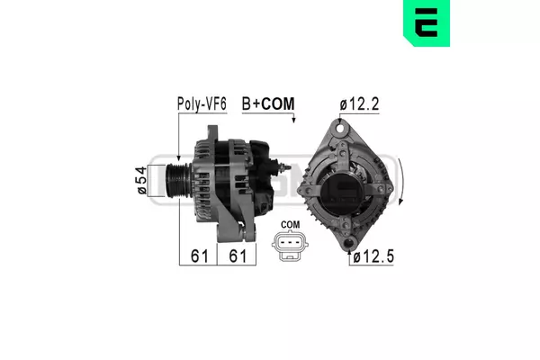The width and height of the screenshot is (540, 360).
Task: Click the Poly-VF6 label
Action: point(202,104)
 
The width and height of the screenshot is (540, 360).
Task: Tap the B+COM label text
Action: point(268,104)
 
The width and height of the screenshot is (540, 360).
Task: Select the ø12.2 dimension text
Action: point(359,104)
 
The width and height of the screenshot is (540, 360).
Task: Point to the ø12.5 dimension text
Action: point(373,256)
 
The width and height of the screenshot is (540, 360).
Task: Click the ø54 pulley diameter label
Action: point(142,181)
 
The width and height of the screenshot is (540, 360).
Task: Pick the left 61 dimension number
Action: point(200,256)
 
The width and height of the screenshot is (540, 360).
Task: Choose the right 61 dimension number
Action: point(238,256)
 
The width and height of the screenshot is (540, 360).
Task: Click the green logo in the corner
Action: point(427,22)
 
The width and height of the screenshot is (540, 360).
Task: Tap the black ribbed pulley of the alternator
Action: point(177,181)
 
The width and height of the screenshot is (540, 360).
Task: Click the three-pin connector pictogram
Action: point(290,246)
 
